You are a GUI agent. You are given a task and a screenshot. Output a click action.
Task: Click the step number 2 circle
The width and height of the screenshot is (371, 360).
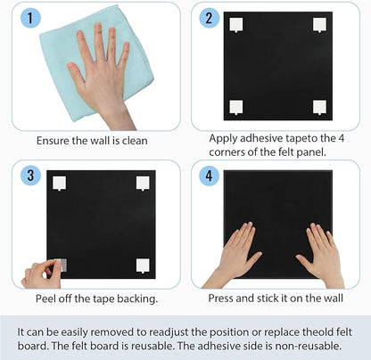(209, 19)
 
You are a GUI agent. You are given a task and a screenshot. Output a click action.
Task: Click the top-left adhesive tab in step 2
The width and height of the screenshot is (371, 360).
(236, 26)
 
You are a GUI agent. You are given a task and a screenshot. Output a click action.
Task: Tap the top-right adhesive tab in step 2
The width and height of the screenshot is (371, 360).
(318, 26)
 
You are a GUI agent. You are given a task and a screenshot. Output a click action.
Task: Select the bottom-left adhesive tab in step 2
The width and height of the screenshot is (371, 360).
(236, 107)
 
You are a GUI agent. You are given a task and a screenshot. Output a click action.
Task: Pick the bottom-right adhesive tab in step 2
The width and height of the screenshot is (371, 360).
(318, 107)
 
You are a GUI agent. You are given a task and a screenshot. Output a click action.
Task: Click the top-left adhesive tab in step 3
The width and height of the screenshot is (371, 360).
(61, 183)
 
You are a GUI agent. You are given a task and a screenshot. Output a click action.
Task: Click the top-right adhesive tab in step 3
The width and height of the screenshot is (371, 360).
(142, 183)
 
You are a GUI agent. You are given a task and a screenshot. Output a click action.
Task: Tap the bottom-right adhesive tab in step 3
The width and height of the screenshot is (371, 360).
(142, 265)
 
